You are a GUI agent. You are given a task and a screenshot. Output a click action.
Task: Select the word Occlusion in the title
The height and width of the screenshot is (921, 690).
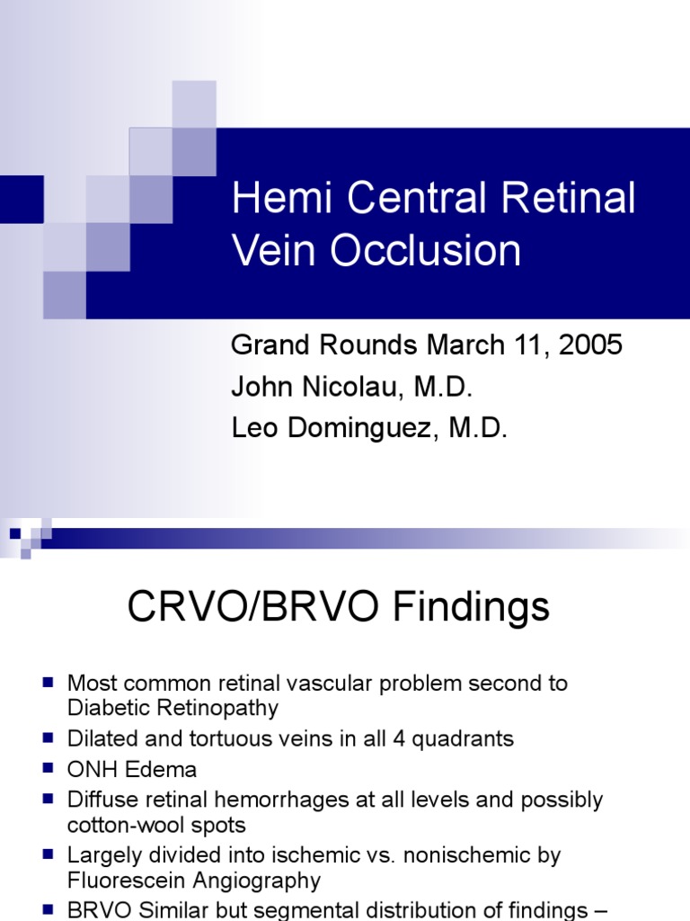[426, 251]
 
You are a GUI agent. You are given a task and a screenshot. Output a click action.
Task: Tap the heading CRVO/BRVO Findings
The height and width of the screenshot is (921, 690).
[339, 607]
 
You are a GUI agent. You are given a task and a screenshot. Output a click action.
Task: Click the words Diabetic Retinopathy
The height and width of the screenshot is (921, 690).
[172, 708]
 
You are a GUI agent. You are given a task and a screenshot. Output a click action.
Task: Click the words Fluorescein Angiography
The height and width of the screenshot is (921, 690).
[194, 881]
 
